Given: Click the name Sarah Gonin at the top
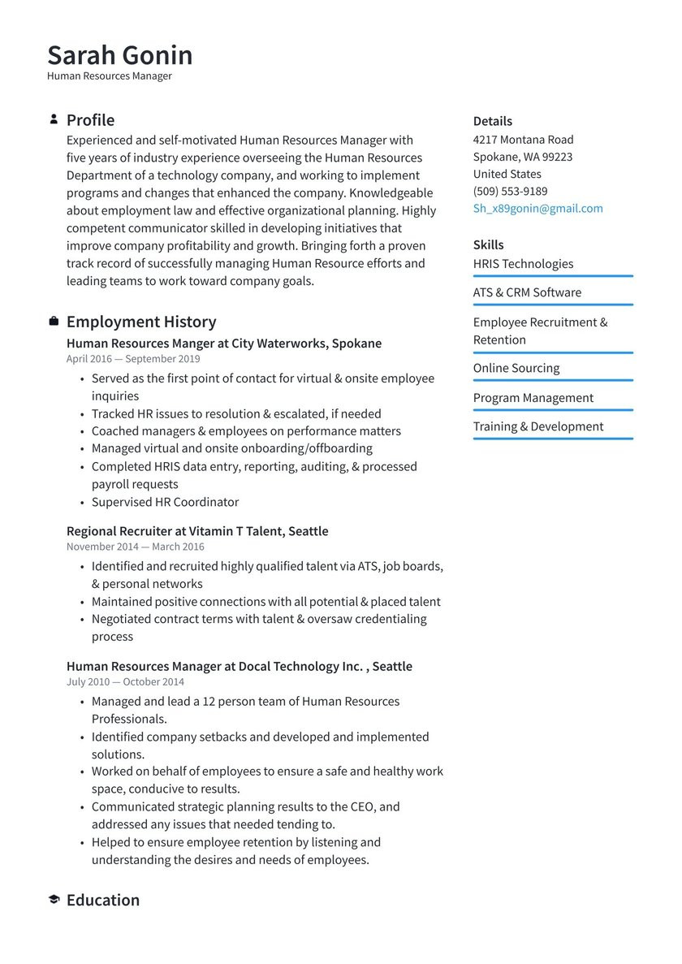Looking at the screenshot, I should [x=119, y=55].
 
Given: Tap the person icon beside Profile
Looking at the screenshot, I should [x=54, y=119].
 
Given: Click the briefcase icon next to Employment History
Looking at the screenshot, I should [x=54, y=322].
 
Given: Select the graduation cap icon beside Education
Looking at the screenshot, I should [x=54, y=900].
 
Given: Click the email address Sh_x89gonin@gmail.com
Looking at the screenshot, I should [x=537, y=208].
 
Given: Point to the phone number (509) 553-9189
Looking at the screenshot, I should [x=510, y=191].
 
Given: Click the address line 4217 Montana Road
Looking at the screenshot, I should [x=523, y=139].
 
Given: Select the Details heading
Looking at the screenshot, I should [x=492, y=121].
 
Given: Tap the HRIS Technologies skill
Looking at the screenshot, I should [x=523, y=263].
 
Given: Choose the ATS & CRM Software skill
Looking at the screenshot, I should [x=527, y=292].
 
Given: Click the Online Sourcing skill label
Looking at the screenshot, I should [x=516, y=367].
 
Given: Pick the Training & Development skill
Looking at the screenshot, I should [x=538, y=426].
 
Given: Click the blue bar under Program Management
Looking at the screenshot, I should [x=552, y=410].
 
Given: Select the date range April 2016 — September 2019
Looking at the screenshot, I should [x=132, y=358].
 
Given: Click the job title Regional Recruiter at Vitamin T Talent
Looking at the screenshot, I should [x=197, y=530].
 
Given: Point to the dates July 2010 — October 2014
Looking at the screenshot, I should [x=125, y=681].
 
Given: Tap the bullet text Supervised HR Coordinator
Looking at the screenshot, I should [x=165, y=501].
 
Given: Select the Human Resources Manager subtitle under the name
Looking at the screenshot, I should [x=109, y=76].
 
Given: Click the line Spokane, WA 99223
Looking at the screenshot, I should [x=522, y=156].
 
